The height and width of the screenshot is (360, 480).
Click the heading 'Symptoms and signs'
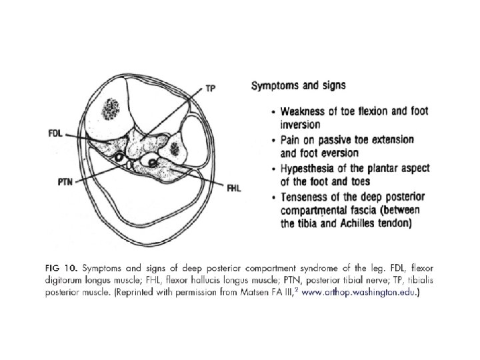[x=293, y=85]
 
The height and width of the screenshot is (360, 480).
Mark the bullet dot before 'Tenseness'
[x=275, y=197]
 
